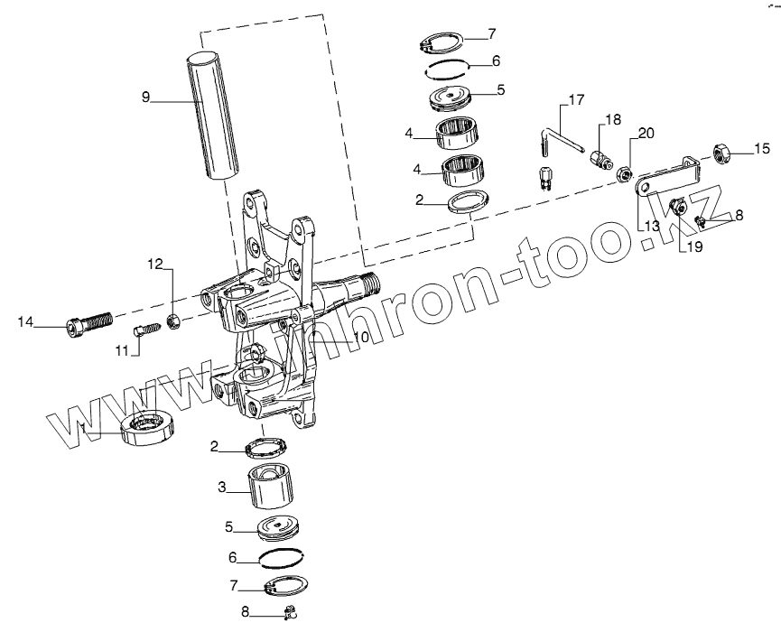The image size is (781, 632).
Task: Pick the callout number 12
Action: (x=155, y=264)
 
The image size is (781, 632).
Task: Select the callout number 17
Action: (x=576, y=98)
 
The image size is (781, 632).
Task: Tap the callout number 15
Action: (x=763, y=148)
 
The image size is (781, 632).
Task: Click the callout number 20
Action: (x=646, y=134)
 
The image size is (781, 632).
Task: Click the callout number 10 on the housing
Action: (x=360, y=337)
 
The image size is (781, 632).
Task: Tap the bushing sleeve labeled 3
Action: (x=271, y=488)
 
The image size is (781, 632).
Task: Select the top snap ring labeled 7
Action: (x=442, y=42)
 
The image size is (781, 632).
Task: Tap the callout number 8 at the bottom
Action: (x=245, y=611)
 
